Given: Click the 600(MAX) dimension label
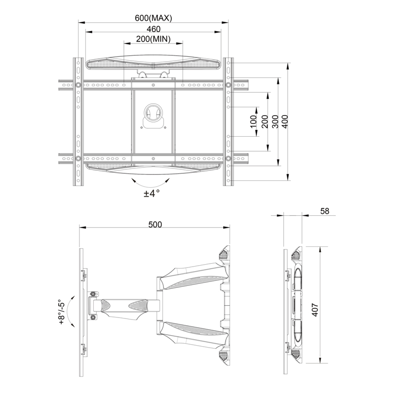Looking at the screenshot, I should pos(153,18).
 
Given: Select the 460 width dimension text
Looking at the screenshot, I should pos(153,29).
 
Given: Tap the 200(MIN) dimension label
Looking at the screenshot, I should pos(153,39).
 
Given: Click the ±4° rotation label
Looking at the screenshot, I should pos(152,194).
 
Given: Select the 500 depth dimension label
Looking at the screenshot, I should pos(155,225).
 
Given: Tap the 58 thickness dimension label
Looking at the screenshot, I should pos(324,211).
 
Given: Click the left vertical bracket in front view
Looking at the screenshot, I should pos(78,122).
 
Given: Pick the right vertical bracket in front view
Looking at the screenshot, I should pos(228,122).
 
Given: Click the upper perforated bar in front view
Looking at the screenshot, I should pos(153,65).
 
